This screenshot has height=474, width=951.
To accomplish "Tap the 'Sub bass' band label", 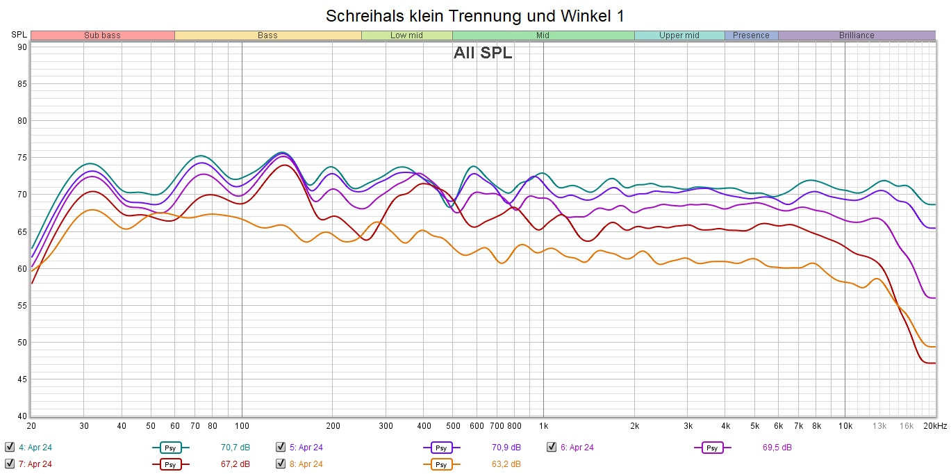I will coord(102,35).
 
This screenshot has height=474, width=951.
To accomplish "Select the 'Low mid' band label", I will coord(406,35).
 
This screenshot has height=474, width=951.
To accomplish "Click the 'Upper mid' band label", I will coord(679,35).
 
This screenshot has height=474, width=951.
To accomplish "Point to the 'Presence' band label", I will coord(751,35).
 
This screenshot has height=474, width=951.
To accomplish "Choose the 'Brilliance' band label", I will coord(857,35).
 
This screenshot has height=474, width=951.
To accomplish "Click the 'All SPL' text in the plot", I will coord(483,54).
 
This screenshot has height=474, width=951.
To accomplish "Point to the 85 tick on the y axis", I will coord(22,84).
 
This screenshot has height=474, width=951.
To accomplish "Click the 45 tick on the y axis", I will coord(22,379).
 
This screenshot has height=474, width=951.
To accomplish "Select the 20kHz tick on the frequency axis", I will coord(934,425).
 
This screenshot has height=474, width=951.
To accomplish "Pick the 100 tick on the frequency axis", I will coord(242,425).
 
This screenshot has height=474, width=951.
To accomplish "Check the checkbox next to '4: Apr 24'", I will coord(10,447).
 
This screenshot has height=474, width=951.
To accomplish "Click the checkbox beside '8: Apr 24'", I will coord(281,464).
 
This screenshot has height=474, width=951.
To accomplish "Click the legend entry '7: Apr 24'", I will coord(35,464).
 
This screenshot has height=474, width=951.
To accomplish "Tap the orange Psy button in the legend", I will coord(441,464).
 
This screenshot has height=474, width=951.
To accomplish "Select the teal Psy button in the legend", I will coord(170,448).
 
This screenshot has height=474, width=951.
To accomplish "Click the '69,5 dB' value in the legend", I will coord(777,448).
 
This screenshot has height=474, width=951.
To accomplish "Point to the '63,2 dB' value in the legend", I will coord(506,464).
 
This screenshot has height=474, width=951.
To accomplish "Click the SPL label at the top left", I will coord(19,35).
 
